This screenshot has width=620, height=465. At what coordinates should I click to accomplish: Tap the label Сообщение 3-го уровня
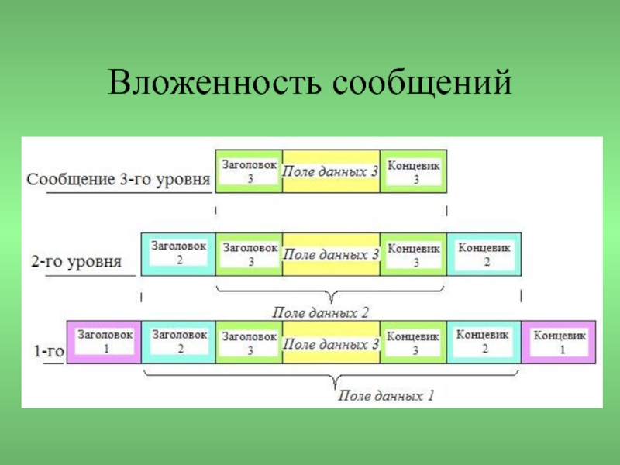pos(119,180)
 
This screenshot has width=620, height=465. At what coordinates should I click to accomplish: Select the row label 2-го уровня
pos(76,261)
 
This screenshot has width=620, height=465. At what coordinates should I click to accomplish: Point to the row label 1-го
pos(46,350)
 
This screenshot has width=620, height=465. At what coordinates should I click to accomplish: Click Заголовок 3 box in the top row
pos(250,171)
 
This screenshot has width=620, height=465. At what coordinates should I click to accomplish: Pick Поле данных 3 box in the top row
pos(331,170)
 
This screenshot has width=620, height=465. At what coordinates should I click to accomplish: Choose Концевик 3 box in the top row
pos(414,171)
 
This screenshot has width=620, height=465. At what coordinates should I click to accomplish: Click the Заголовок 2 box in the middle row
pos(179,253)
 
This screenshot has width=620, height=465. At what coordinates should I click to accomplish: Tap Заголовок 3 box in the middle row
pos(250,254)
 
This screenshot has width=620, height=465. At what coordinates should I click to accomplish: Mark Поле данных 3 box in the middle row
pos(331,253)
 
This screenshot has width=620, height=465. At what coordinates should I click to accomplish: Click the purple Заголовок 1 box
pos(105,341)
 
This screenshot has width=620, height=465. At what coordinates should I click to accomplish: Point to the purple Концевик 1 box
pos(559,341)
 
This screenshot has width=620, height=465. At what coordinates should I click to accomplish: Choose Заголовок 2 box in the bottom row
pos(179,341)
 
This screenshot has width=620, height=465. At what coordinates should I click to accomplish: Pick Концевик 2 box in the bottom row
pos(484,341)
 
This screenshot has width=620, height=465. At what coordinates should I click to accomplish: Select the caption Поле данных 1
pos(385,397)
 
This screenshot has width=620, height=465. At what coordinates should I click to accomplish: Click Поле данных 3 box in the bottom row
pos(331,342)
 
